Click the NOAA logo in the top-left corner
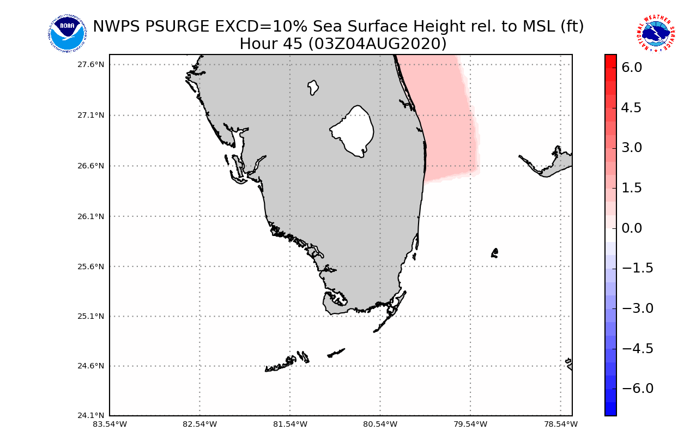click(67, 33)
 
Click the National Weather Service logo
click(655, 33)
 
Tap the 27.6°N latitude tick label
click(91, 64)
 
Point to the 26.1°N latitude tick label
click(91, 216)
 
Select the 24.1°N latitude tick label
click(91, 416)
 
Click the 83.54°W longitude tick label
click(110, 424)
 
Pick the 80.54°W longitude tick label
click(380, 424)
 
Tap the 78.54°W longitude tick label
click(561, 424)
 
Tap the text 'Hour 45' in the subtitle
click(270, 44)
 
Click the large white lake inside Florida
click(353, 130)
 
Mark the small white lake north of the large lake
click(313, 87)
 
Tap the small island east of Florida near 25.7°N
click(494, 253)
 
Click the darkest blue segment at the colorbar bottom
click(610, 409)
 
